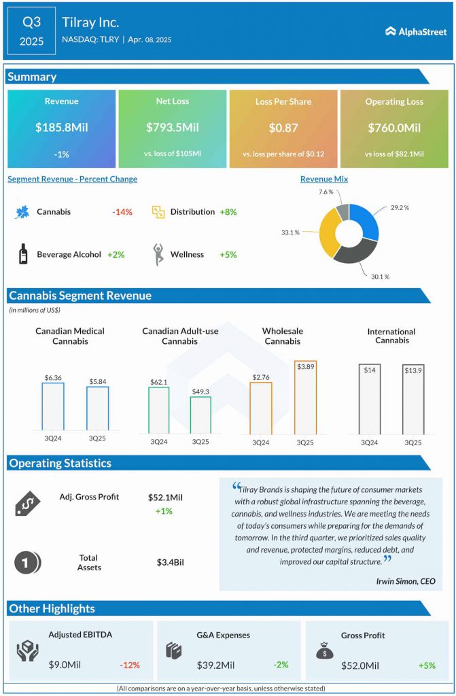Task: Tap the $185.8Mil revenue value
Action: (61, 127)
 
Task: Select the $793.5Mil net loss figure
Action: (172, 127)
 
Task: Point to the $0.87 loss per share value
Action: (283, 127)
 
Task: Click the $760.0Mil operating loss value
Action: (394, 127)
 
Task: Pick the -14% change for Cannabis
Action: (122, 212)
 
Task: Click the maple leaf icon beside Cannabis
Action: (22, 212)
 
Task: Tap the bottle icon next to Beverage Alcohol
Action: (23, 254)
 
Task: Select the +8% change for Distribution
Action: (228, 212)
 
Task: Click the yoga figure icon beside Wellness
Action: (158, 254)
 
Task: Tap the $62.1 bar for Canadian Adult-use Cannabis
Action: (158, 410)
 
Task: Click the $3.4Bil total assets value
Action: (170, 562)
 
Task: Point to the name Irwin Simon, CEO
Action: (405, 581)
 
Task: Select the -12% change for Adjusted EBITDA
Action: (130, 665)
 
